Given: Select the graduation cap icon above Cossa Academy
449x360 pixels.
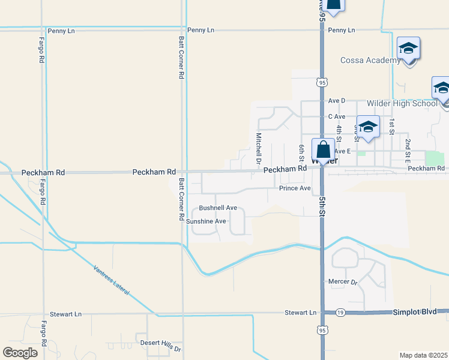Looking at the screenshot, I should [x=408, y=49].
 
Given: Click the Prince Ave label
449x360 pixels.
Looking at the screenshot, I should [x=295, y=188].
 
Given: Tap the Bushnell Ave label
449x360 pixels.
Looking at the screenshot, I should [x=218, y=208].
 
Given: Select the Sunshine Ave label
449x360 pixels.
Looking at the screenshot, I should [x=206, y=221].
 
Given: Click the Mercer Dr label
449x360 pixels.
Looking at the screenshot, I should [x=343, y=281].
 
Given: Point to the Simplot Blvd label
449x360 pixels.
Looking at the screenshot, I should [x=414, y=313].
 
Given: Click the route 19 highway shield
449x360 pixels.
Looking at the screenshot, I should [x=340, y=313].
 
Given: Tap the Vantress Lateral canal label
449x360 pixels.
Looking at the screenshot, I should [x=112, y=280].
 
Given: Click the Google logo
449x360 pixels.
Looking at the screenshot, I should [x=20, y=352].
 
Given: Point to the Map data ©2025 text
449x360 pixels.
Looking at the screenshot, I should [x=423, y=355].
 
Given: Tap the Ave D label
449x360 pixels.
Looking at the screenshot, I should [x=337, y=101].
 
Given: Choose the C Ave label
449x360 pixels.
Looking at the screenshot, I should [x=337, y=116].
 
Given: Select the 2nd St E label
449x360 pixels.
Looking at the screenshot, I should [x=408, y=148].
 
